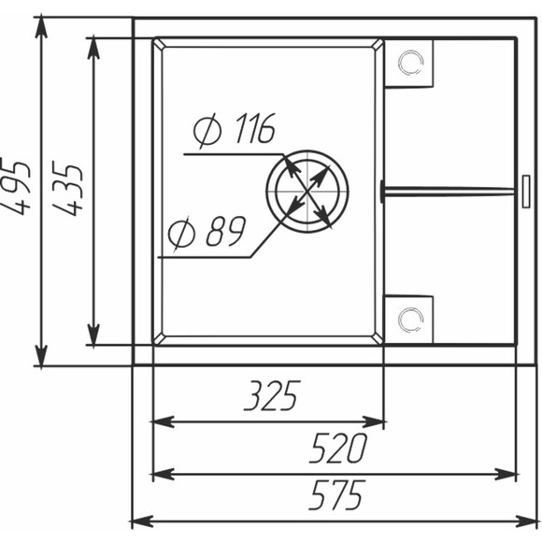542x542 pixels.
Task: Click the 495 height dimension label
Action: pyautogui.click(x=16, y=187)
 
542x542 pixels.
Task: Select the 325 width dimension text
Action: pyautogui.click(x=272, y=396)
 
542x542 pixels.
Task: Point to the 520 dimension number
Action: pyautogui.click(x=337, y=448)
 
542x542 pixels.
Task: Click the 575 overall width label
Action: pyautogui.click(x=336, y=495)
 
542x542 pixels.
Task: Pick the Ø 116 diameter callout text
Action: pyautogui.click(x=235, y=129)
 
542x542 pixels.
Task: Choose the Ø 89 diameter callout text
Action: pyautogui.click(x=207, y=232)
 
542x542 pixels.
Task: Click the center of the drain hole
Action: pyautogui.click(x=307, y=191)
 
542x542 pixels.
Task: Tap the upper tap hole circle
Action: pyautogui.click(x=410, y=63)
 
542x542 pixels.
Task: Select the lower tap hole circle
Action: pyautogui.click(x=410, y=320)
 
